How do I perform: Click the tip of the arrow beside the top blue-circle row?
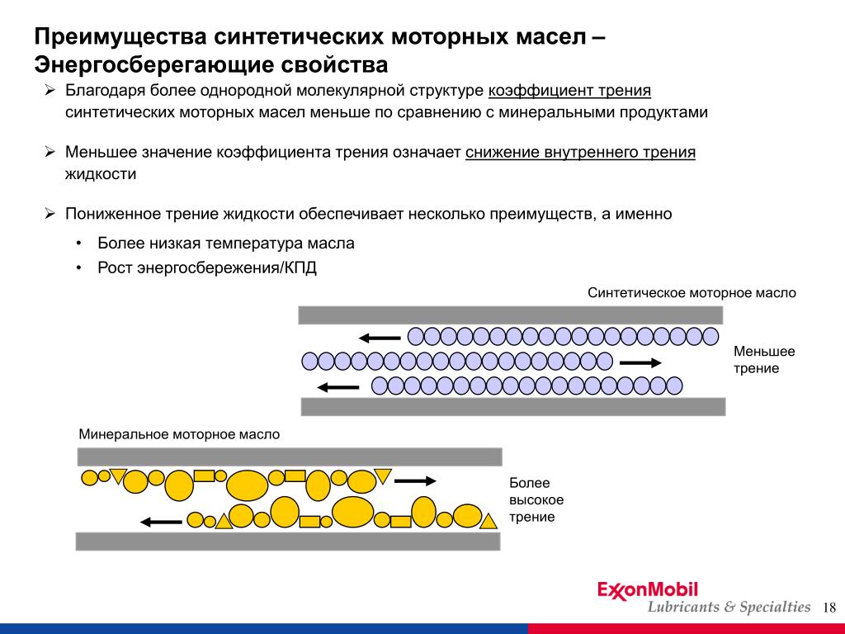click(x=359, y=338)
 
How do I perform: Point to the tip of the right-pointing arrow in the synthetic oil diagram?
click(x=662, y=363)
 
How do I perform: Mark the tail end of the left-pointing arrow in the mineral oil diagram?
click(x=182, y=522)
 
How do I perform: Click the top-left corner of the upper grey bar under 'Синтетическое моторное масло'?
click(x=299, y=306)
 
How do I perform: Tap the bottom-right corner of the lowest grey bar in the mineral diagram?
click(x=501, y=551)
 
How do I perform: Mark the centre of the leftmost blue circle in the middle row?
click(x=310, y=361)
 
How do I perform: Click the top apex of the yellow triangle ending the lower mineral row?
click(x=489, y=513)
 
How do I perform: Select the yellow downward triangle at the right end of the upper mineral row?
click(x=383, y=476)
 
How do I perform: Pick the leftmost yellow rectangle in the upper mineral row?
click(x=205, y=475)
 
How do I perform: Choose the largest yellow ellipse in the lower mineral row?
click(x=353, y=512)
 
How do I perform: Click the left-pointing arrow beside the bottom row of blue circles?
click(x=338, y=387)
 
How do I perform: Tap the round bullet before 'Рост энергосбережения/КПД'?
click(x=79, y=268)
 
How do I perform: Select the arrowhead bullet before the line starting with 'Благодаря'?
click(x=50, y=90)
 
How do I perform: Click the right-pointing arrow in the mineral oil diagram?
click(x=416, y=481)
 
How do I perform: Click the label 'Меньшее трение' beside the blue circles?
click(x=764, y=360)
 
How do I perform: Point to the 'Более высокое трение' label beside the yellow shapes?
click(x=536, y=499)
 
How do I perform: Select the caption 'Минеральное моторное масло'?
click(x=179, y=434)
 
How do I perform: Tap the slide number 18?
click(x=829, y=608)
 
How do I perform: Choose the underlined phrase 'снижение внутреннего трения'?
click(x=580, y=152)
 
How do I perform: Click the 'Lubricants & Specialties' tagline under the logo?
click(x=729, y=607)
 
